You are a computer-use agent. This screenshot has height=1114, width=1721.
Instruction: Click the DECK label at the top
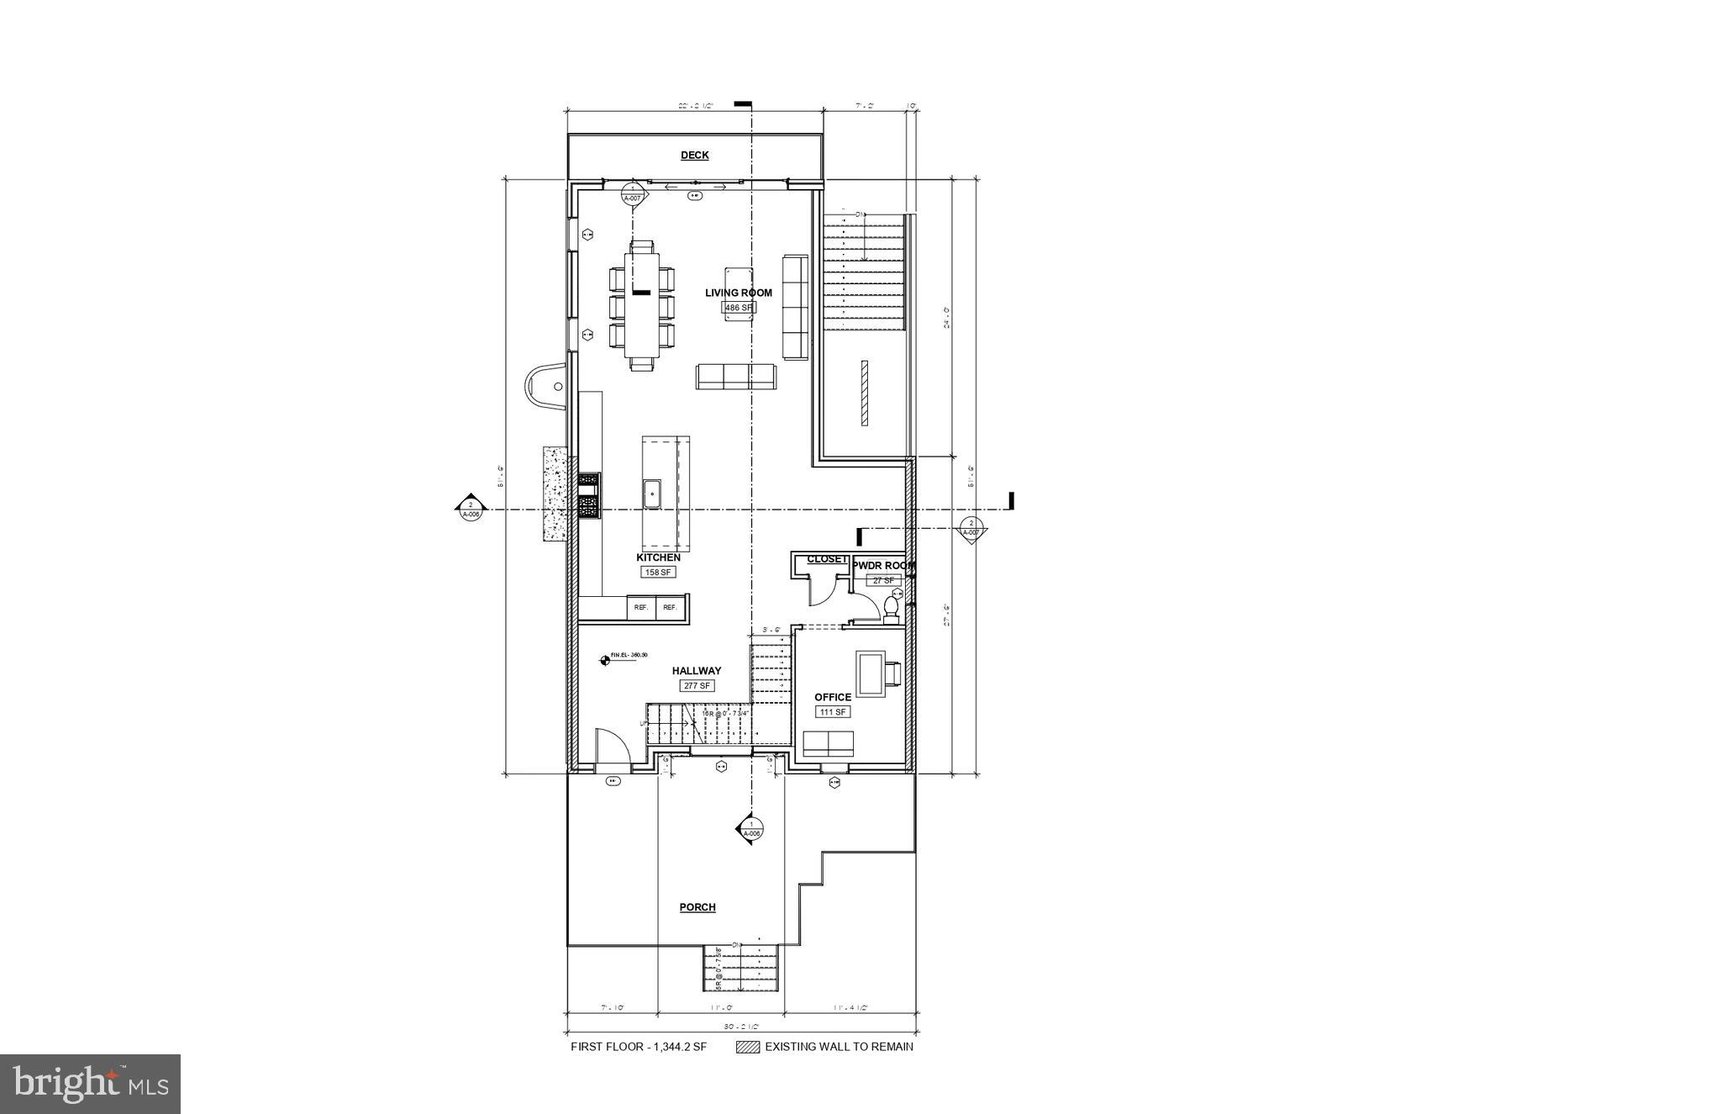[x=694, y=156]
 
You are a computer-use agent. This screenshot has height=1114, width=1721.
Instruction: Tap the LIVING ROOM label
[x=738, y=293]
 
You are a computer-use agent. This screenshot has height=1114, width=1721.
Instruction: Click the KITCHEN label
[x=658, y=557]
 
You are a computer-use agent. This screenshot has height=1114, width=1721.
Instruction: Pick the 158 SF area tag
[x=658, y=573]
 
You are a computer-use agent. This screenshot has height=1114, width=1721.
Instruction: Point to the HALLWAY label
[x=697, y=671]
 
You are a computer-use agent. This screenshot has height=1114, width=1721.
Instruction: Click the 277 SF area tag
[x=697, y=686]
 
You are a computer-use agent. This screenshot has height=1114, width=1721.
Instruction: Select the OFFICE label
[x=833, y=697]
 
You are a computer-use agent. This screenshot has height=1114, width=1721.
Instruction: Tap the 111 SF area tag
[x=833, y=712]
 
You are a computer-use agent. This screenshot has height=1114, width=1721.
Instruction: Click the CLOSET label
[x=827, y=559]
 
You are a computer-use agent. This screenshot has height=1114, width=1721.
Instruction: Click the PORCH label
[x=697, y=907]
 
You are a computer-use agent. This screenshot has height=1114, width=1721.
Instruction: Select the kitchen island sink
[x=652, y=494]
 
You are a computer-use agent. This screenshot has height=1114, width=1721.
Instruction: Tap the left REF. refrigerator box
[x=641, y=607]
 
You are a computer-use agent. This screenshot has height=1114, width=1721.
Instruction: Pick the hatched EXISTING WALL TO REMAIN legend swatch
[x=747, y=1048]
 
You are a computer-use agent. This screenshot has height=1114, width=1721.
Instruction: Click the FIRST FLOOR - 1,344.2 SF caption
[x=639, y=1048]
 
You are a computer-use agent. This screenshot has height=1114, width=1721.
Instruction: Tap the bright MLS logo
[x=91, y=1084]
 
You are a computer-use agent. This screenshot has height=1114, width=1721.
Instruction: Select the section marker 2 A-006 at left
[x=470, y=509]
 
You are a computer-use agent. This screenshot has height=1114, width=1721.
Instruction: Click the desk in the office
[x=870, y=673]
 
